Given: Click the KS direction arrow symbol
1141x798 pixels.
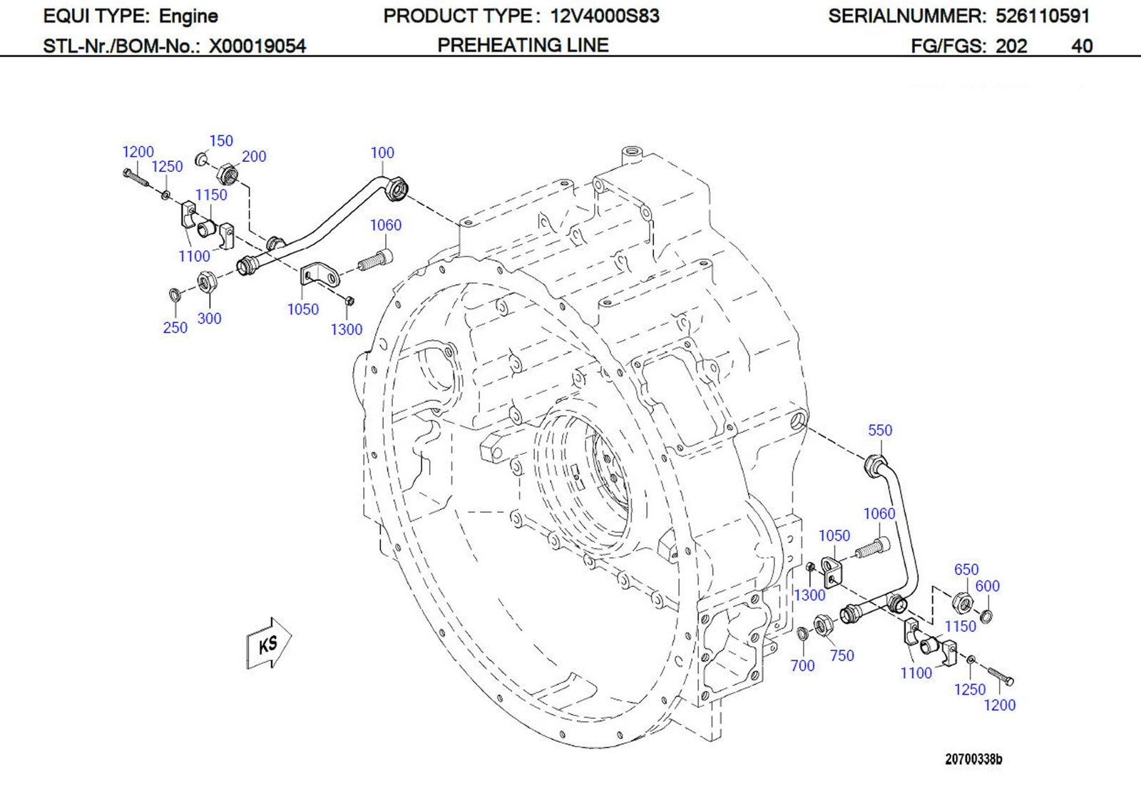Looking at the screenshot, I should [x=268, y=643].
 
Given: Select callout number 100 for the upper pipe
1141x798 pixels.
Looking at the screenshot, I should [x=382, y=153].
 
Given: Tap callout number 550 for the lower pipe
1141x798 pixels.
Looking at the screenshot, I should [x=879, y=430].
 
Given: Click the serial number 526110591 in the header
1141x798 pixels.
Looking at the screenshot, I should [x=1042, y=16].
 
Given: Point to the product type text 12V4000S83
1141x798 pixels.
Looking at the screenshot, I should [x=604, y=16].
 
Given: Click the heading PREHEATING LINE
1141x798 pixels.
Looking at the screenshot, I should [x=523, y=45].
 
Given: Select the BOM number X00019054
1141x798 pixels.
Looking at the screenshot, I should [x=257, y=46].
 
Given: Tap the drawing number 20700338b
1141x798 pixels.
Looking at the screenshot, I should [x=973, y=759].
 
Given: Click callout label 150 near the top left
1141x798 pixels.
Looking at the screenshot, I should [x=221, y=141].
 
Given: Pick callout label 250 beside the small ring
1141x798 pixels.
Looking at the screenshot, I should [x=175, y=327].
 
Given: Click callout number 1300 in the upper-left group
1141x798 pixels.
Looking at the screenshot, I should [x=346, y=329].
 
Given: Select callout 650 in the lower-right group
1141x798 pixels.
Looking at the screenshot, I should [x=966, y=569].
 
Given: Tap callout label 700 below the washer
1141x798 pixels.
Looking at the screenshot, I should [x=802, y=665].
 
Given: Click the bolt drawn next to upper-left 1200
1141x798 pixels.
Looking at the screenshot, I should [x=135, y=177].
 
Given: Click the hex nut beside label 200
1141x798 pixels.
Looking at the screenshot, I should [x=226, y=172].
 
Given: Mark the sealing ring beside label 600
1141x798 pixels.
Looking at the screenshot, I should [x=986, y=615].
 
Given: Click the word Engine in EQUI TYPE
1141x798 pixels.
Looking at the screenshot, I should [x=188, y=16].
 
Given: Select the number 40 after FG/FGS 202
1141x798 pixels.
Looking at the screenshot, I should [x=1081, y=46].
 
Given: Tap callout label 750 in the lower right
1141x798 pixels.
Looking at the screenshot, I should [x=841, y=655].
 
